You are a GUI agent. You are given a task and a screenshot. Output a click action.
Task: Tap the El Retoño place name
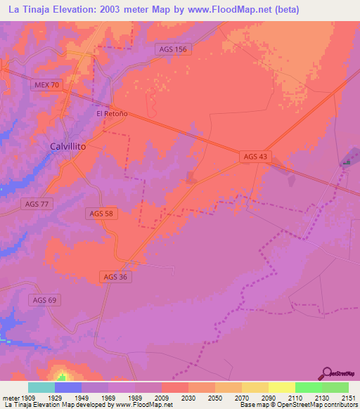click(x=111, y=112)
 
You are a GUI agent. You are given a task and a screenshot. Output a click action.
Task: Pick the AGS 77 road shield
click(x=37, y=204)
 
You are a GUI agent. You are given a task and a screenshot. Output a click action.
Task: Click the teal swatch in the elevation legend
click(x=41, y=387)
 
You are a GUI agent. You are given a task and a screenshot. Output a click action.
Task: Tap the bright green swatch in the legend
click(x=308, y=387)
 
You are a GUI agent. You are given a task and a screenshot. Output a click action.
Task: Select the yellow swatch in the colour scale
click(x=281, y=387)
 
